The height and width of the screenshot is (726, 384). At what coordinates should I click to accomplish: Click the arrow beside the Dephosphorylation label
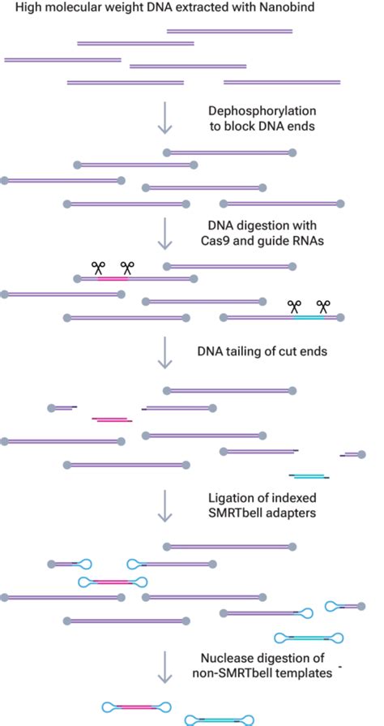tap(164, 118)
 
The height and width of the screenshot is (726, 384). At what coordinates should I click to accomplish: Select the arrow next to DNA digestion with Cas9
tap(164, 232)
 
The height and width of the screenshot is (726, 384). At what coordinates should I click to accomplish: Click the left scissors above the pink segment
tap(99, 267)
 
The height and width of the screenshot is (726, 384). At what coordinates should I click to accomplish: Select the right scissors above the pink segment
tap(127, 267)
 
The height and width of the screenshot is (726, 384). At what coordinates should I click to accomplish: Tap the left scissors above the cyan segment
tap(294, 306)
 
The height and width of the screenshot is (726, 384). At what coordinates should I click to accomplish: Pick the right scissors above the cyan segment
tap(323, 306)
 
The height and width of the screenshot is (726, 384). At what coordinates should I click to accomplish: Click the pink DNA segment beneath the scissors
tap(113, 279)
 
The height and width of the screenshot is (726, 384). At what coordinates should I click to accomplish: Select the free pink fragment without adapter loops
tap(113, 419)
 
